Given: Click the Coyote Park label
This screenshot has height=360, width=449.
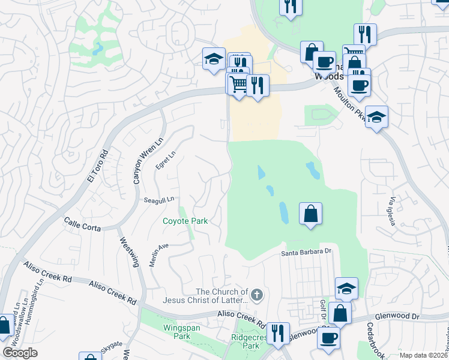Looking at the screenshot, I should tap(185, 221).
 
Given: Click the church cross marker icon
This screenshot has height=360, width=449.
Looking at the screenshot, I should tap(257, 295).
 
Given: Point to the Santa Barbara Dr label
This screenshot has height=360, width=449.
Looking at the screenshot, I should tap(307, 253).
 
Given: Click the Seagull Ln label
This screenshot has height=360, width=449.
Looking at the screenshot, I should tap(158, 199).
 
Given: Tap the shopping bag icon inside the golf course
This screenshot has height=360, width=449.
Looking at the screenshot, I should tap(310, 214).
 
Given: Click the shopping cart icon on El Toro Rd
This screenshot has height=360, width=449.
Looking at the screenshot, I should tap(238, 83).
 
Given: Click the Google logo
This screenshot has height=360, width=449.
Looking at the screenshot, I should tap(20, 353).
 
